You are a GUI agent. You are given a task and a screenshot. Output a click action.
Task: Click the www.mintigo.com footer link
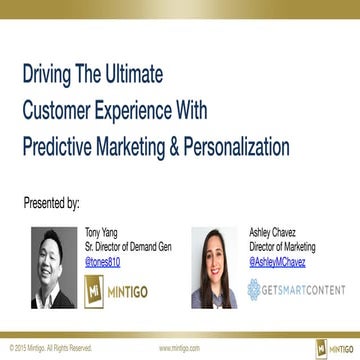tap(177, 349)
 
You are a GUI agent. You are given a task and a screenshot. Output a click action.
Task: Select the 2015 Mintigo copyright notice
tap(50, 349)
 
